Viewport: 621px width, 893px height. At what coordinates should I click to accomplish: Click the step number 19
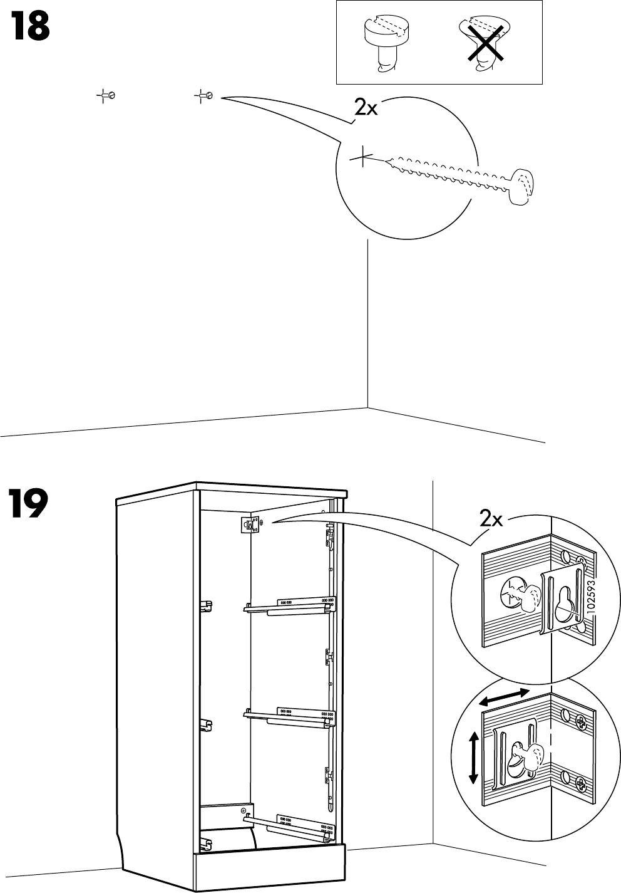point(28,505)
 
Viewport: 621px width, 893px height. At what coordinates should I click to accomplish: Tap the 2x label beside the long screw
point(366,108)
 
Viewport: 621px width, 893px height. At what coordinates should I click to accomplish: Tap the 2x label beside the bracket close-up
point(491,519)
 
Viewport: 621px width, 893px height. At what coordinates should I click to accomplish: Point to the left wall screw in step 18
point(110,96)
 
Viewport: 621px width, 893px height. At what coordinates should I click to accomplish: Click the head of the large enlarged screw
point(521,186)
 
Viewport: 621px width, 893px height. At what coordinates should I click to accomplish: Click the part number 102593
point(591,599)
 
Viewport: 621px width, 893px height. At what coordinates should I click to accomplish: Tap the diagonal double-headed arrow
point(505,697)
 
